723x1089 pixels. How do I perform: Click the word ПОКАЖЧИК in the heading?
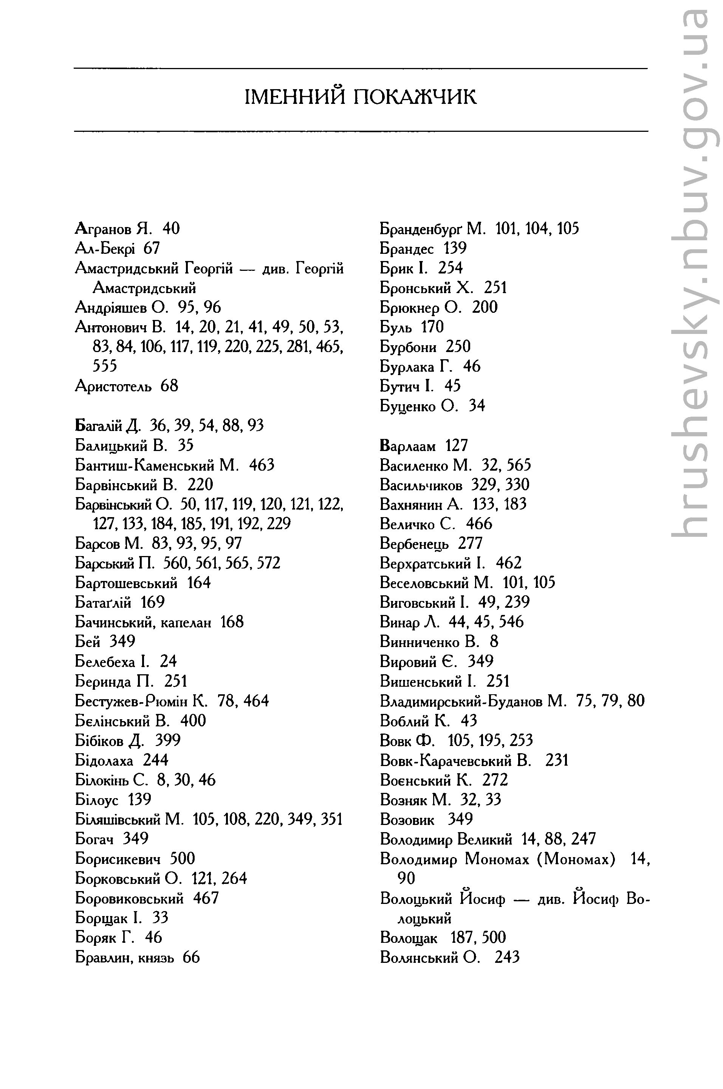click(x=415, y=97)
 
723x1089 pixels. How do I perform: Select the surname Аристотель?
click(x=113, y=386)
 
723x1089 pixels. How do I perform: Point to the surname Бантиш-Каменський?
click(x=157, y=465)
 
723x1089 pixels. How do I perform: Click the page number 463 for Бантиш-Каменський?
click(x=262, y=465)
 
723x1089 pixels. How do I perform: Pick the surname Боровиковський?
click(x=129, y=898)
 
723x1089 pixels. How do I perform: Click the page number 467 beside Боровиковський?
click(x=206, y=898)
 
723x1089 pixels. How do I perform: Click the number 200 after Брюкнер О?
click(x=485, y=307)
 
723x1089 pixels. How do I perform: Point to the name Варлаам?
click(x=408, y=446)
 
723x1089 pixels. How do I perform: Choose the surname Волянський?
click(x=419, y=957)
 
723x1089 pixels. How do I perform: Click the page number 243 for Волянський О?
click(x=507, y=957)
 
